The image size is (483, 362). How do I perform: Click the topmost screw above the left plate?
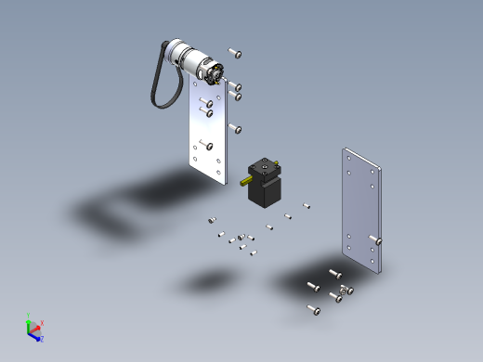pyautogui.click(x=234, y=53)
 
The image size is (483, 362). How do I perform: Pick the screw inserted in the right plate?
pyautogui.click(x=376, y=240)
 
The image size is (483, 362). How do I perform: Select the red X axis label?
pyautogui.click(x=43, y=323)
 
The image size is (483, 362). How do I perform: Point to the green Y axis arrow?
pyautogui.click(x=29, y=323)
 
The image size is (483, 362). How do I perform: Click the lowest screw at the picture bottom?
pyautogui.click(x=313, y=310)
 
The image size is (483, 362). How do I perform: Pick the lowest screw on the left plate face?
pyautogui.click(x=207, y=144)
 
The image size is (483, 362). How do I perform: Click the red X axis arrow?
pyautogui.click(x=38, y=327)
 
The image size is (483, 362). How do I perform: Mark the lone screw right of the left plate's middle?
pyautogui.click(x=238, y=129)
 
